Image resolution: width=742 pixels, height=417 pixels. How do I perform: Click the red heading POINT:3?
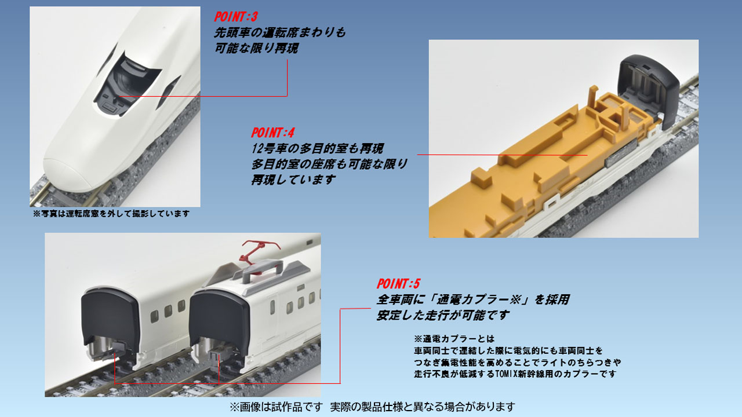(235, 17)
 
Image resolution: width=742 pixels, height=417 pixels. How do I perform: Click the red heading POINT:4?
(272, 133)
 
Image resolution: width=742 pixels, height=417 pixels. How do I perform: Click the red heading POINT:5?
(398, 284)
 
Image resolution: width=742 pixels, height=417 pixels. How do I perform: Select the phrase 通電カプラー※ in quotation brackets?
(477, 300)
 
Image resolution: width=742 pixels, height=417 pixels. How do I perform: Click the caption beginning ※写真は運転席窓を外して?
(111, 214)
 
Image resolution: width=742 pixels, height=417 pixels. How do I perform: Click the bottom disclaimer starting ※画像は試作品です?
(372, 407)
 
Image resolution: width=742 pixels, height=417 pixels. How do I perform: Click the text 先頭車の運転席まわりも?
(279, 33)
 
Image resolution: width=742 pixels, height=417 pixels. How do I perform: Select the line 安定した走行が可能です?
(443, 316)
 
